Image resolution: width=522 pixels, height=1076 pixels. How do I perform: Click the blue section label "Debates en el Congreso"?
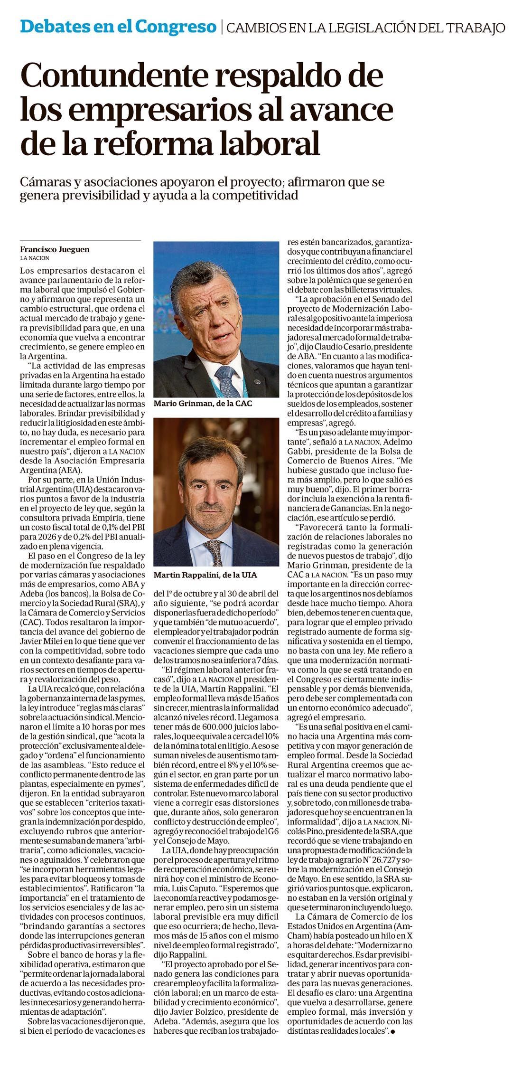(118, 27)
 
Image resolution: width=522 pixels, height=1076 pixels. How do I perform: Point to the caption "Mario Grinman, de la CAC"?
(203, 403)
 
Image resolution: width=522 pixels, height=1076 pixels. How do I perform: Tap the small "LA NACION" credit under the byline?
(35, 258)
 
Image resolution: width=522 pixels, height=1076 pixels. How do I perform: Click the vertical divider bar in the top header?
(222, 27)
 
